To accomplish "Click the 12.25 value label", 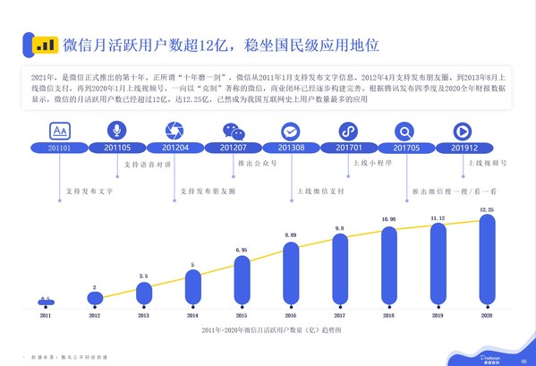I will tap(486, 209).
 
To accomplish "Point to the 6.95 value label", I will tap(242, 249).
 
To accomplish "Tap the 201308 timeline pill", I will tap(293, 148).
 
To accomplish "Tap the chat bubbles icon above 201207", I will tap(233, 131).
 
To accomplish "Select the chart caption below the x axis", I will tap(267, 332).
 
